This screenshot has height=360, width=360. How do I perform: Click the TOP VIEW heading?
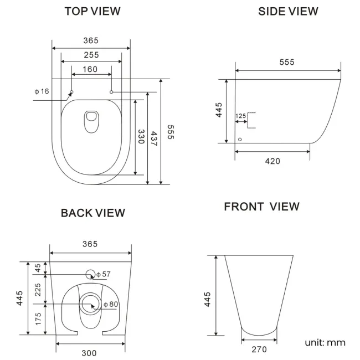coord(92,11)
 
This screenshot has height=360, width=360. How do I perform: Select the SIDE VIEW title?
coord(288,11)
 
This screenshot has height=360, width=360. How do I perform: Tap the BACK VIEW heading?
coord(92,213)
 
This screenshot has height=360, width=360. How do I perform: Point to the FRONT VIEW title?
coord(261,207)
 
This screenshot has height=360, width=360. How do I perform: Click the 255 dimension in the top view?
coord(91,55)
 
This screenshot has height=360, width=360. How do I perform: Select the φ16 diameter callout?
coord(42,91)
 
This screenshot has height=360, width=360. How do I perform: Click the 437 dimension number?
coord(154,138)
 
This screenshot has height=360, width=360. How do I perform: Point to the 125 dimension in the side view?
coord(240,116)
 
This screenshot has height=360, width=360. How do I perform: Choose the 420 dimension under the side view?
coord(272,161)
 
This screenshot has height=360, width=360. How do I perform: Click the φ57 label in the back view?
coord(104,274)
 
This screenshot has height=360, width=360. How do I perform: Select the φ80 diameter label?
coord(111,304)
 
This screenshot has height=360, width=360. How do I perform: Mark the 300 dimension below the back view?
coord(89,353)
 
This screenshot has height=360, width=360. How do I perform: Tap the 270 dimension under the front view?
coord(259,349)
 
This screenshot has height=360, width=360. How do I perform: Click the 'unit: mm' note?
coord(325,342)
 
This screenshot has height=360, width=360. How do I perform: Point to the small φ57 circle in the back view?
coord(90,274)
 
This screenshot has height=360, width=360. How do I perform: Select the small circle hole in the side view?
coord(240,140)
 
